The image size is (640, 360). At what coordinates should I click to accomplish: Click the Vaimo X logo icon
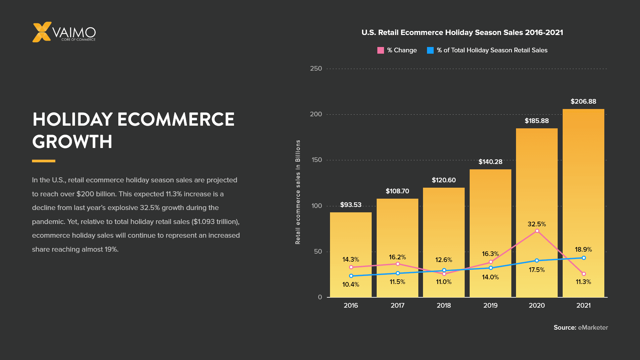point(42,32)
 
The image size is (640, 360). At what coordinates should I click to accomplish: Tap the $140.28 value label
point(490,162)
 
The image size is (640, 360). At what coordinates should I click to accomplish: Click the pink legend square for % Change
point(380,50)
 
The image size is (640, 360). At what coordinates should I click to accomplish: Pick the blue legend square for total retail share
point(430,50)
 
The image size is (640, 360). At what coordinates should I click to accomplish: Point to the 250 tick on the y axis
point(316,69)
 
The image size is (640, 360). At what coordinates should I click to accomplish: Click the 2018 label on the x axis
point(444,305)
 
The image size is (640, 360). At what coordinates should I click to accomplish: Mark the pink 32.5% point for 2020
point(537,231)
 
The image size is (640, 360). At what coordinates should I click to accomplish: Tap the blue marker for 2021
point(584,258)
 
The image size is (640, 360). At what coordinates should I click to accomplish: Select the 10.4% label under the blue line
point(351,284)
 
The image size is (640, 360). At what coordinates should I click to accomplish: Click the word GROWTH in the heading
point(72,142)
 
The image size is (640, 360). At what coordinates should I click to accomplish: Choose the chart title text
point(462,33)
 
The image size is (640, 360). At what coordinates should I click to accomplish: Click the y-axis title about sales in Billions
point(298,192)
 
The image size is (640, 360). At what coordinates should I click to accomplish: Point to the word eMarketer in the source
point(593,328)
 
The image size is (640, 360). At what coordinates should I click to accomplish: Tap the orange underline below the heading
point(44,161)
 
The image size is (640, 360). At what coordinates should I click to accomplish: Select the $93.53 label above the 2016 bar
point(351,205)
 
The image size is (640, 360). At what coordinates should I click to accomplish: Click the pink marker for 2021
point(584,274)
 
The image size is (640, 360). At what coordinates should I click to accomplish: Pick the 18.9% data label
point(583,249)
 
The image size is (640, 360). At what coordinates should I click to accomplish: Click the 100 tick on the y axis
point(317,206)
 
